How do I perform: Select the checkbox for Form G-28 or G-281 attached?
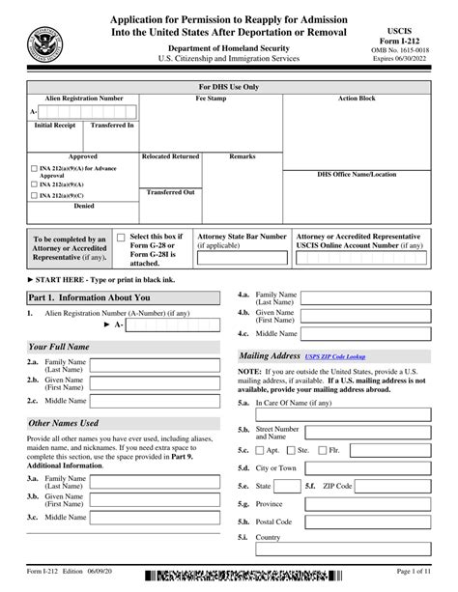[x=120, y=237]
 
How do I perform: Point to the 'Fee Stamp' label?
[x=212, y=99]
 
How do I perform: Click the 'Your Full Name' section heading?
[x=60, y=345]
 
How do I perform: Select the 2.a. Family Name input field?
[x=155, y=365]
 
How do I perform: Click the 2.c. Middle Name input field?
[x=155, y=400]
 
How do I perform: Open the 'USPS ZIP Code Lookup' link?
[x=335, y=356]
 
